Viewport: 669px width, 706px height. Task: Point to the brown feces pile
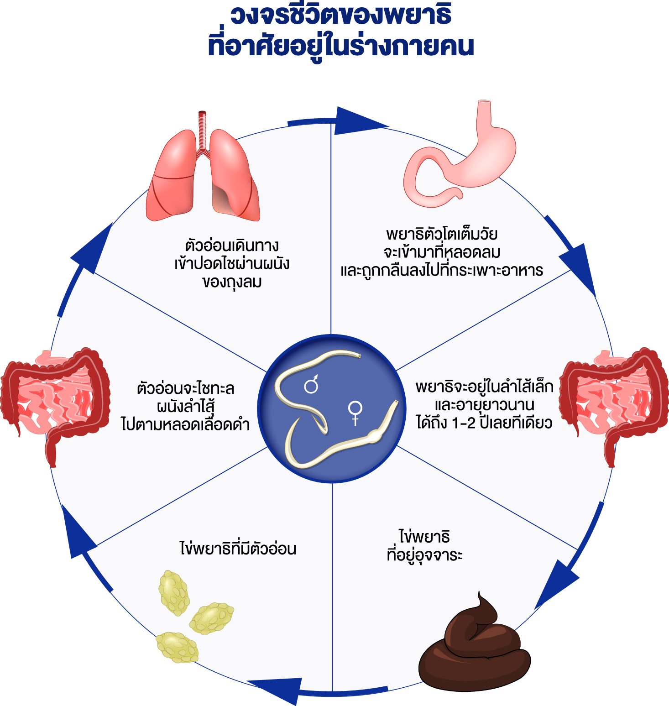tap(475, 648)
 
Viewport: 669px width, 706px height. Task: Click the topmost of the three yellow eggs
tap(174, 592)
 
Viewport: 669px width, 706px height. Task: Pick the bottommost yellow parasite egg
tap(178, 647)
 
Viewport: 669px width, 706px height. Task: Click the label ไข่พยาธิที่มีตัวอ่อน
tap(238, 548)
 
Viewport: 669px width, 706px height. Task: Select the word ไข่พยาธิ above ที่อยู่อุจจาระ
tap(424, 536)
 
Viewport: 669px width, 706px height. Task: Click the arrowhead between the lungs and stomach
tap(361, 121)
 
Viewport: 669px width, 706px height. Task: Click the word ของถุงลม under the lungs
tap(232, 282)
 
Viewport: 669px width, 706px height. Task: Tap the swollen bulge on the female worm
tap(375, 436)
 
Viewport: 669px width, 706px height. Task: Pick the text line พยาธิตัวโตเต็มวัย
tap(442, 235)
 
